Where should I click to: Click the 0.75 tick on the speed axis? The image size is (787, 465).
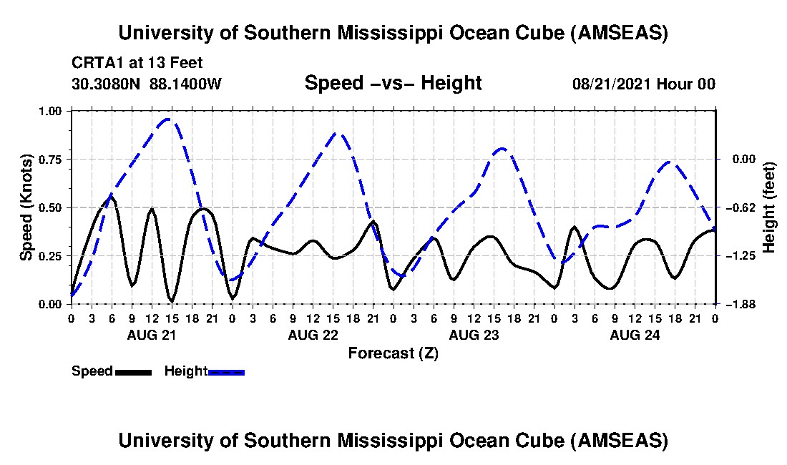[52, 160]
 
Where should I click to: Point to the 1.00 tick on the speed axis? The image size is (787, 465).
[52, 111]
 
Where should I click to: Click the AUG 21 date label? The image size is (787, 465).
[152, 334]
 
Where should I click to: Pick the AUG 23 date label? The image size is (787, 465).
[473, 334]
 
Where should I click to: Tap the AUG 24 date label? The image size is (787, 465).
[634, 334]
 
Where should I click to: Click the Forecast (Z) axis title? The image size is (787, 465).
[393, 353]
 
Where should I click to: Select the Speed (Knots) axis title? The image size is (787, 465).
[26, 207]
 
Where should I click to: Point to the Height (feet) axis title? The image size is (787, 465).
[769, 207]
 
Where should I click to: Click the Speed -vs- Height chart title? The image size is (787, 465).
[393, 84]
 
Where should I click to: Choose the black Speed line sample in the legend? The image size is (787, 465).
[133, 372]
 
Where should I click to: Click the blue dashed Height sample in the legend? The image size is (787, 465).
[226, 372]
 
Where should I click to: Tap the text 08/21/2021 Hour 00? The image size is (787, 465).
[644, 84]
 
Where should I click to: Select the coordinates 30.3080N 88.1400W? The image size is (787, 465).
[147, 84]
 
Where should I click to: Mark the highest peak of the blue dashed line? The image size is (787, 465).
[169, 119]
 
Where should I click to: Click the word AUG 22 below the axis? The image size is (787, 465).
[313, 334]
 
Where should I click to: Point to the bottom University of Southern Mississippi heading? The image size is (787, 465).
[393, 440]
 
